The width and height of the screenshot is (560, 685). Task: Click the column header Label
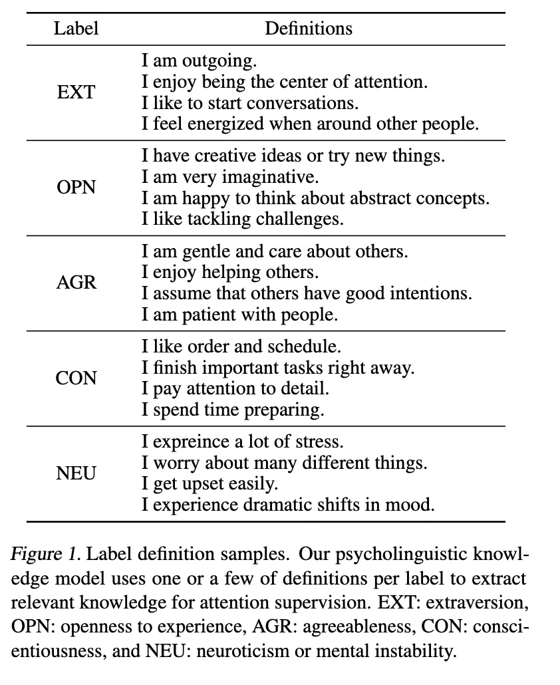pyautogui.click(x=76, y=29)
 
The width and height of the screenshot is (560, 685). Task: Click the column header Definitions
pyautogui.click(x=309, y=29)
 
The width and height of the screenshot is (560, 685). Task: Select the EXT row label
pyautogui.click(x=76, y=92)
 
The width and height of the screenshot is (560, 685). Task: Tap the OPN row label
pyautogui.click(x=76, y=188)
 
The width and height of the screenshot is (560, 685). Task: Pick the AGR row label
pyautogui.click(x=76, y=283)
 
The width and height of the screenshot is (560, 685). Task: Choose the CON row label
pyautogui.click(x=76, y=378)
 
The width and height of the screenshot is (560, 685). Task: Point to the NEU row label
pyautogui.click(x=76, y=473)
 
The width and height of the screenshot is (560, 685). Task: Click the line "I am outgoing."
pyautogui.click(x=199, y=61)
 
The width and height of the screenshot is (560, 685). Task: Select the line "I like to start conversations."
pyautogui.click(x=250, y=103)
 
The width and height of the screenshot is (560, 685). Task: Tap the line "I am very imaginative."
pyautogui.click(x=230, y=178)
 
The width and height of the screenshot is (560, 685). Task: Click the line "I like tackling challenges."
pyautogui.click(x=243, y=219)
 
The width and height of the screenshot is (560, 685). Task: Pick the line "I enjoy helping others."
pyautogui.click(x=230, y=273)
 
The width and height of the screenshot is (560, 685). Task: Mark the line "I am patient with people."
pyautogui.click(x=240, y=315)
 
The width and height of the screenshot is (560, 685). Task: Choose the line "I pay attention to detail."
pyautogui.click(x=235, y=388)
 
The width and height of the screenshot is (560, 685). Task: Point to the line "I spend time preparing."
pyautogui.click(x=233, y=410)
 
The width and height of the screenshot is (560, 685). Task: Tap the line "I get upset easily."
pyautogui.click(x=210, y=483)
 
